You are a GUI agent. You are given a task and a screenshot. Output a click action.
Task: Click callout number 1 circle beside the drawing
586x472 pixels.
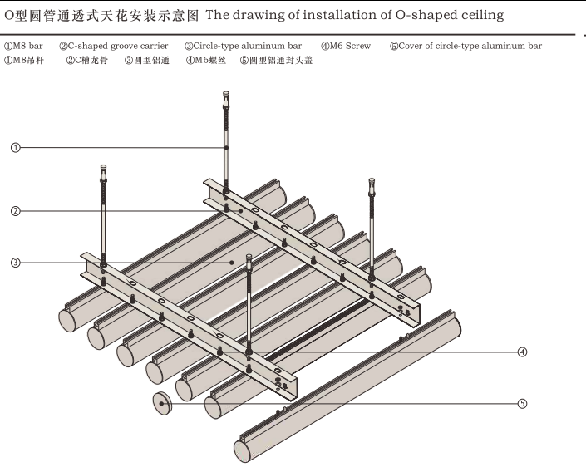tap(16, 147)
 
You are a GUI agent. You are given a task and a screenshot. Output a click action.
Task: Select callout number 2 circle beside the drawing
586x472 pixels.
tap(16, 211)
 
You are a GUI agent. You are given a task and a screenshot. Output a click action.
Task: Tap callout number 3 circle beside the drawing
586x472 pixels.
tap(16, 263)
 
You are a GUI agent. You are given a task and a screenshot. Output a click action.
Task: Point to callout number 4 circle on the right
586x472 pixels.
tap(522, 352)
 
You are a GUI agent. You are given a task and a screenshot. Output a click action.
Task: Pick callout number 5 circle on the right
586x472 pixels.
tap(522, 404)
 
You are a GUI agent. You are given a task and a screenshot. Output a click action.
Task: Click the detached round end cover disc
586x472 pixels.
tap(162, 403)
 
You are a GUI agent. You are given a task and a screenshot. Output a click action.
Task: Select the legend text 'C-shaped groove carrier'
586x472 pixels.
tap(118, 47)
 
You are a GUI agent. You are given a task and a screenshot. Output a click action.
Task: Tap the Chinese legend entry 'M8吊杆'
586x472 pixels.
tap(27, 60)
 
